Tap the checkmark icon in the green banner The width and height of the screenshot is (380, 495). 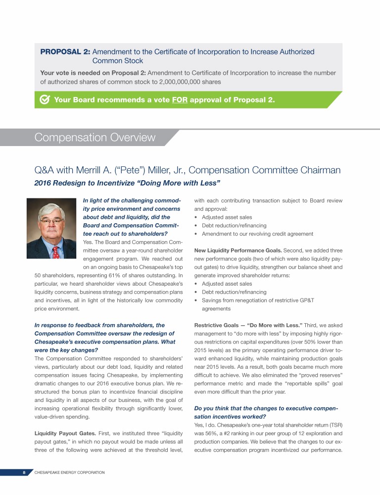[44, 99]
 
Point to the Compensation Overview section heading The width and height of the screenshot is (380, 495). [95, 137]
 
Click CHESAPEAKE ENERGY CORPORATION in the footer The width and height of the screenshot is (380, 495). [69, 473]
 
